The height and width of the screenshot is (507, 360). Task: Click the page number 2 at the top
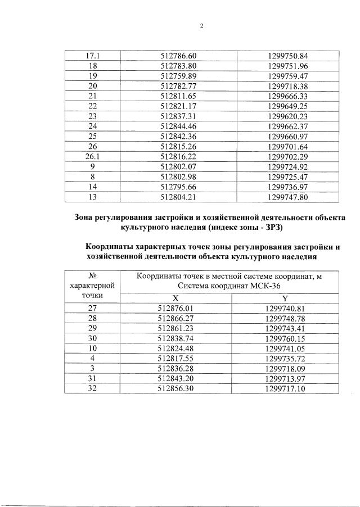(x=201, y=25)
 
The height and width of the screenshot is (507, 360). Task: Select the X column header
(x=175, y=298)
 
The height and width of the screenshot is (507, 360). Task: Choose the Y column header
(x=285, y=298)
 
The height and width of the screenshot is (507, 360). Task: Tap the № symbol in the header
(x=93, y=275)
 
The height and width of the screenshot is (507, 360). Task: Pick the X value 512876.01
(x=175, y=308)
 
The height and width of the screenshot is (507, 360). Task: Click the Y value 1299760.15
(x=285, y=338)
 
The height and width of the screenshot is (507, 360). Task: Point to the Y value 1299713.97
(x=285, y=378)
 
